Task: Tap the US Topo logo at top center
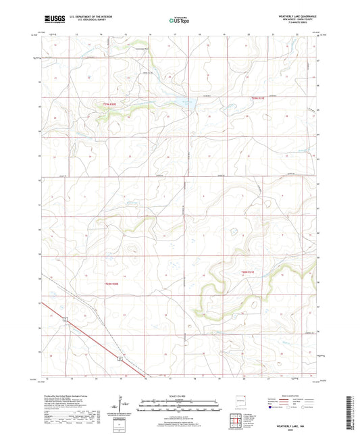(x=179, y=21)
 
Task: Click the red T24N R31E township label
(x=251, y=100)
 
